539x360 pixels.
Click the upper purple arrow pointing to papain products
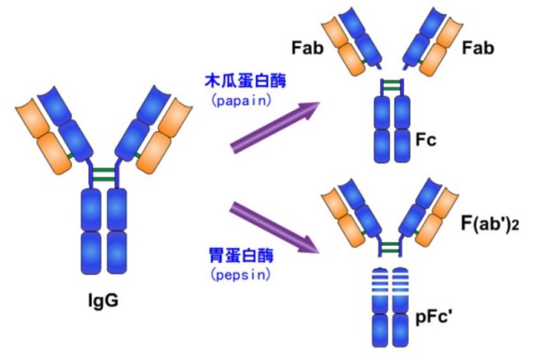coord(274,126)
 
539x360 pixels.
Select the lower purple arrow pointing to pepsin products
coord(274,227)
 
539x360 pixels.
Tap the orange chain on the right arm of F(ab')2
coord(438,218)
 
